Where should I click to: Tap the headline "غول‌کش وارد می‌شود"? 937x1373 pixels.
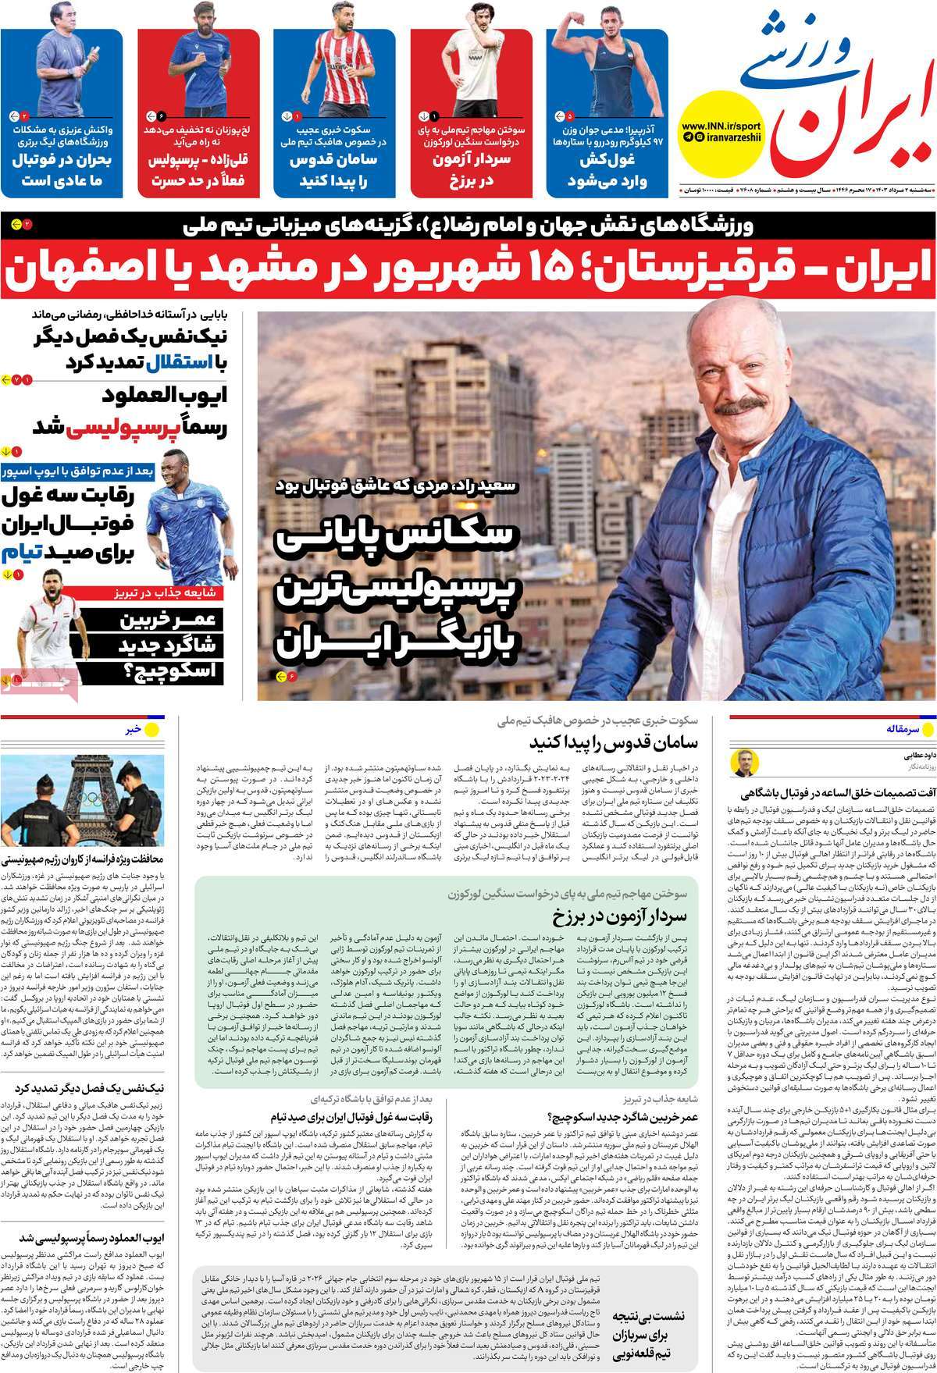pyautogui.click(x=609, y=170)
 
